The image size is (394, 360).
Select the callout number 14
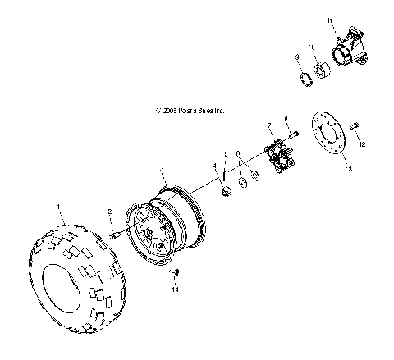click(174, 289)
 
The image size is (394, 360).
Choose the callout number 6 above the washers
click(237, 153)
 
